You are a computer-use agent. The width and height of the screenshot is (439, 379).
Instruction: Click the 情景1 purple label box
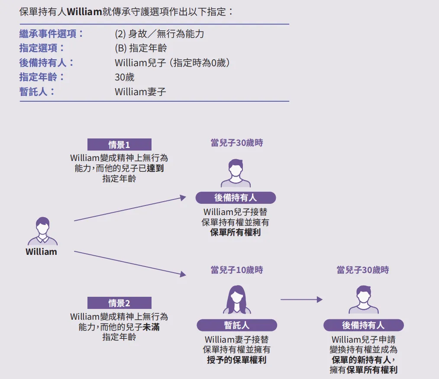(119, 145)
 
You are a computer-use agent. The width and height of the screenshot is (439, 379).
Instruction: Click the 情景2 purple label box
(119, 303)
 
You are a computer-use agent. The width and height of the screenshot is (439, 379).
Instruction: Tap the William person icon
(42, 231)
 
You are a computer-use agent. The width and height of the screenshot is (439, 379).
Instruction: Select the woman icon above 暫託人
(237, 300)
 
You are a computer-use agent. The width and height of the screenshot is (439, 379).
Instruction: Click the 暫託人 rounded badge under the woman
(237, 325)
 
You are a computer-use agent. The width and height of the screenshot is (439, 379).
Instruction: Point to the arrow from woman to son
(301, 299)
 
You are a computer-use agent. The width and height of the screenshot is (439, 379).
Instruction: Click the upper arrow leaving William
(130, 209)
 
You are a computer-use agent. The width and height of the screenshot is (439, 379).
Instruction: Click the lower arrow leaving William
(130, 263)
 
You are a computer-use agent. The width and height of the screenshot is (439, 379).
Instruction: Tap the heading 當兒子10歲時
(237, 270)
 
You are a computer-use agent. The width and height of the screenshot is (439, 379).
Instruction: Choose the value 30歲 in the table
(125, 77)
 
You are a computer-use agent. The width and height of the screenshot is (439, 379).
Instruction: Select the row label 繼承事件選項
(52, 34)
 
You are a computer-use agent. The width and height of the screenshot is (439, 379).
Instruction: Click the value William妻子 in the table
(140, 92)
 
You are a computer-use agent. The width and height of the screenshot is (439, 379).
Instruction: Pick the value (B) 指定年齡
(141, 48)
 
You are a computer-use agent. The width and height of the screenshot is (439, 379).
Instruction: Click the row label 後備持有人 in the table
(47, 63)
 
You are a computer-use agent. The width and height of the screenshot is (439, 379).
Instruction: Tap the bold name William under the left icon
(41, 252)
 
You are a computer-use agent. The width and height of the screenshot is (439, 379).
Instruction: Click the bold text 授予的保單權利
(236, 360)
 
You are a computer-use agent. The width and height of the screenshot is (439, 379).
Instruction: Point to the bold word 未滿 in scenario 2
(152, 327)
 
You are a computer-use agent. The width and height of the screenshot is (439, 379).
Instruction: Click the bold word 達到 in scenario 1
(155, 168)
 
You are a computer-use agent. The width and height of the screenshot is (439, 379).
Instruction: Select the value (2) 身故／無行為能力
(159, 34)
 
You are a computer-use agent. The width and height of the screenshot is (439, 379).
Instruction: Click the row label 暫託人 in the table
(37, 92)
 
